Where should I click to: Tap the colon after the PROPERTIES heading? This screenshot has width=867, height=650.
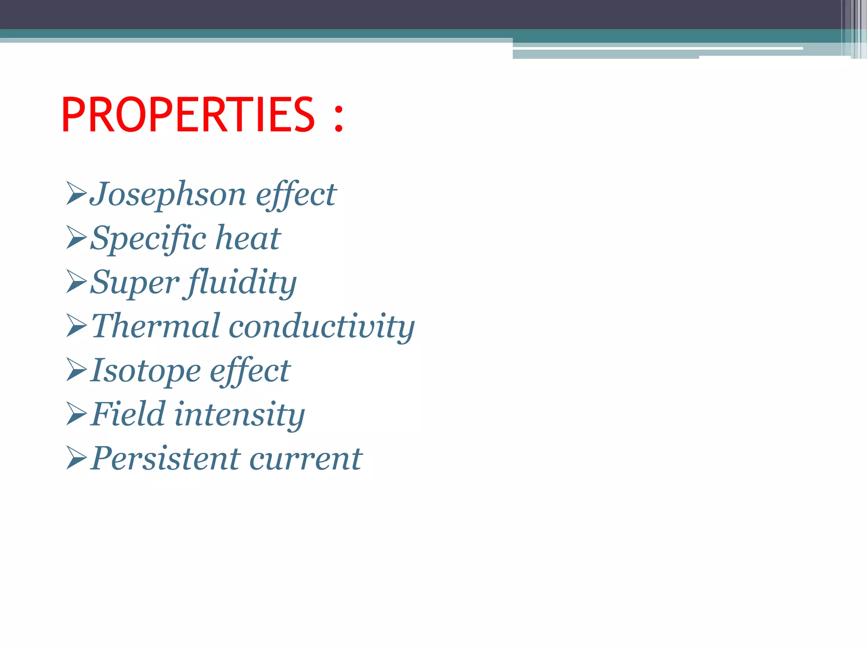coord(338,118)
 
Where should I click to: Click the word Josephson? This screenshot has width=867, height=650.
coord(168,195)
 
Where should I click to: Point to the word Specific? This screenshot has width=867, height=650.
coord(148,239)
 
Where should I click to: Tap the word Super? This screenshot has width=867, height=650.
coord(135,282)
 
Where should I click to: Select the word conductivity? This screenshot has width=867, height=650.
coord(322,327)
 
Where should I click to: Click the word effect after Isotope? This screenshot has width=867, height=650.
coord(250,371)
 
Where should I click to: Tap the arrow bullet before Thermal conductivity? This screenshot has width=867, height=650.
coord(77,326)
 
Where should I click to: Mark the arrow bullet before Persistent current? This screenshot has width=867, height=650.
coord(77,459)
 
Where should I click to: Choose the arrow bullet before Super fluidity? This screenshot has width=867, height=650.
coord(77,282)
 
